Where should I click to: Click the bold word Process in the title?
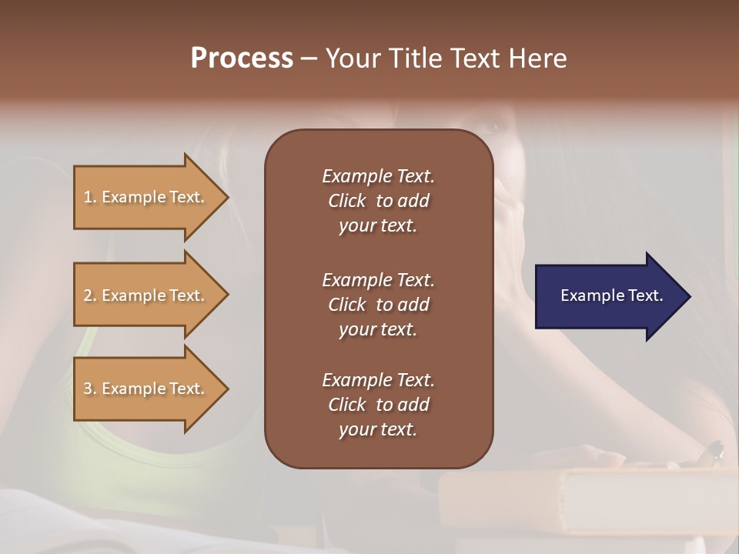tap(242, 58)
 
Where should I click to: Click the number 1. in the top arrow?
tap(90, 197)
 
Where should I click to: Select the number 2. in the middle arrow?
tap(90, 295)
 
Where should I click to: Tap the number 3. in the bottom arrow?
tap(90, 389)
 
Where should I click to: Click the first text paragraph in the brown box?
tap(378, 201)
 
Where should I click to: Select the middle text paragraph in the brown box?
tap(378, 305)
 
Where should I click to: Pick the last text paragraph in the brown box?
tap(378, 405)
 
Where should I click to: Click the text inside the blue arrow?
tap(611, 295)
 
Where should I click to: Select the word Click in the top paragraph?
tap(346, 201)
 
